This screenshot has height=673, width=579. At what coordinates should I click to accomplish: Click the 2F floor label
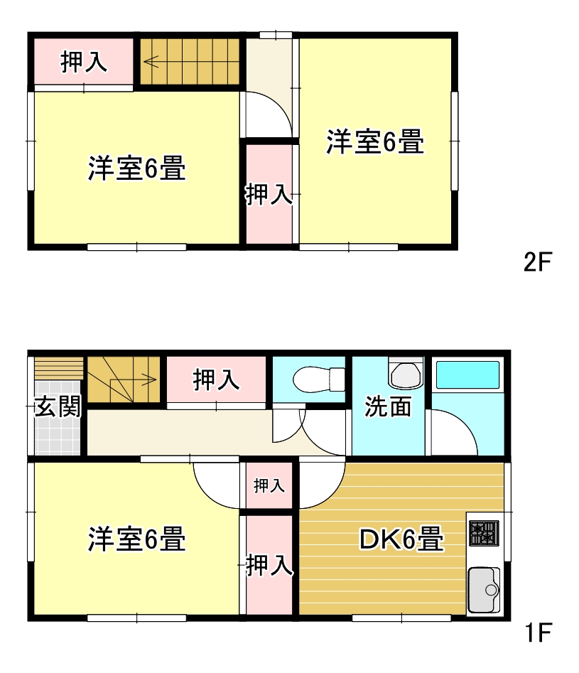pyautogui.click(x=537, y=262)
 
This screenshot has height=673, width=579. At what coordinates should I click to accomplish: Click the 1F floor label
pyautogui.click(x=538, y=633)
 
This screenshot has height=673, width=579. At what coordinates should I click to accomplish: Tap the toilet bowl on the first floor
pyautogui.click(x=318, y=379)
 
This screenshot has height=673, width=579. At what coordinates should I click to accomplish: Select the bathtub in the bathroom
pyautogui.click(x=468, y=375)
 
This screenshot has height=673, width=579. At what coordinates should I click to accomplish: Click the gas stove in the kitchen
pyautogui.click(x=484, y=533)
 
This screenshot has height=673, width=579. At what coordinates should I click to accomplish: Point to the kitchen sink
pyautogui.click(x=484, y=590)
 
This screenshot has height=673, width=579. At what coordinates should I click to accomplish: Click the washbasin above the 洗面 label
pyautogui.click(x=406, y=373)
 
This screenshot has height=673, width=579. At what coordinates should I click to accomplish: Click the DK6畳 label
pyautogui.click(x=401, y=539)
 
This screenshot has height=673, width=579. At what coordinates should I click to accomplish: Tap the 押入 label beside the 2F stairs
pyautogui.click(x=84, y=62)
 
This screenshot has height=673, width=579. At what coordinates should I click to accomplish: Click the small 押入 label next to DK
pyautogui.click(x=269, y=485)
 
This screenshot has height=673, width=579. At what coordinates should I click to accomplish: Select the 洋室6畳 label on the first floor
pyautogui.click(x=137, y=539)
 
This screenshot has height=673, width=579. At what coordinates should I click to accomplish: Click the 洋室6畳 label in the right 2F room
pyautogui.click(x=375, y=141)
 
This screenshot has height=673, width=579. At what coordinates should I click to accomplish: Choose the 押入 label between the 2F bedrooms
pyautogui.click(x=269, y=194)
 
